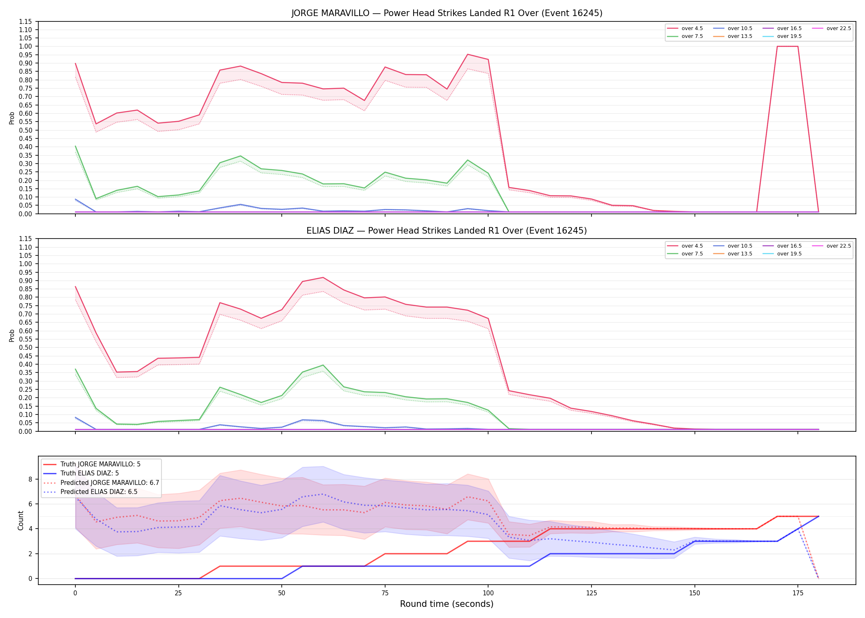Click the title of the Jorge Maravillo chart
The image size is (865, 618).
447,13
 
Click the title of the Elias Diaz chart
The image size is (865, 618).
447,231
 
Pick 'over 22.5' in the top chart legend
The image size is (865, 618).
839,28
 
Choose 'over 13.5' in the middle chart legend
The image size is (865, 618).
740,254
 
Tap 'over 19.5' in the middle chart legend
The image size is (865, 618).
789,254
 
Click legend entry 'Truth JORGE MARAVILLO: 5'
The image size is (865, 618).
101,464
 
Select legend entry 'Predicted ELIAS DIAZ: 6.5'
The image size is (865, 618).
99,492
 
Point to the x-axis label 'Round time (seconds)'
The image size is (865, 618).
447,604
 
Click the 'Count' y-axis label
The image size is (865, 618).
21,520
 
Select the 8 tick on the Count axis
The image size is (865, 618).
30,479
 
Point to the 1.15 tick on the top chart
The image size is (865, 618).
25,21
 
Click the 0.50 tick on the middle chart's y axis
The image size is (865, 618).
25,347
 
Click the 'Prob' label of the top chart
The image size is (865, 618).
12,118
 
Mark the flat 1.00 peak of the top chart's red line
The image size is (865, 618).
788,46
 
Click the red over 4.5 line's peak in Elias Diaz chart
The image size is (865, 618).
323,277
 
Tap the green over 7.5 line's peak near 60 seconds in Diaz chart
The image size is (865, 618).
323,365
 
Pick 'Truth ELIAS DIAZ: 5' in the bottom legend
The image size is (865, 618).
89,473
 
